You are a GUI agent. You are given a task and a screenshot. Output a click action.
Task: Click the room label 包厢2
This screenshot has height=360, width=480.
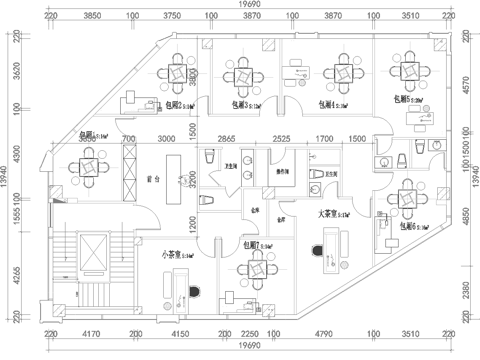point(174,104)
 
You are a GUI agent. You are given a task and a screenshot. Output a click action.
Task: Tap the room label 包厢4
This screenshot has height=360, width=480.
point(325,104)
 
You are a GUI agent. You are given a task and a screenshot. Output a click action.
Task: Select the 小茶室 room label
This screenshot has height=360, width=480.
point(176,256)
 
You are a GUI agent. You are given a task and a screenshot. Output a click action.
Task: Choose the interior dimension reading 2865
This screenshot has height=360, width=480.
point(226,139)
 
